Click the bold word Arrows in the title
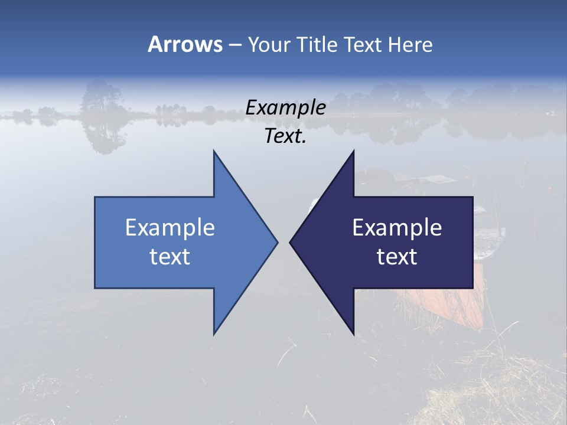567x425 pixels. [x=185, y=44]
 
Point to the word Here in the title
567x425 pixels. [x=410, y=44]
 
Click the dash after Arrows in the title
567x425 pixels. [x=234, y=45]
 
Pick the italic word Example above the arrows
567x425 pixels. [x=285, y=108]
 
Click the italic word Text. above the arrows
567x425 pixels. [x=285, y=136]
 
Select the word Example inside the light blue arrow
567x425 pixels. [x=170, y=228]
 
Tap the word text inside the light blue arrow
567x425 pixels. [x=170, y=257]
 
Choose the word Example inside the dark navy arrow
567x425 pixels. [x=397, y=228]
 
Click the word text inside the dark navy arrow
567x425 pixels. [x=397, y=257]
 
